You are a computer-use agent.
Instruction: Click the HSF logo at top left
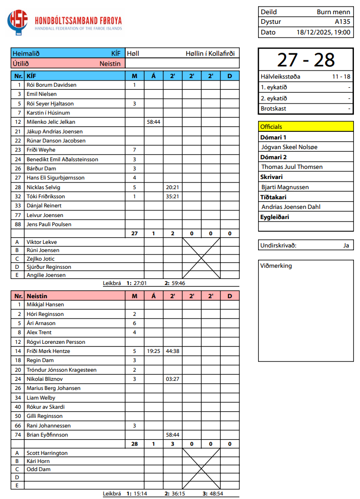(x=18, y=22)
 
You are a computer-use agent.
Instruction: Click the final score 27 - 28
(x=306, y=60)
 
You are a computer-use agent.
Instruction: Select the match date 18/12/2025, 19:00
(x=323, y=32)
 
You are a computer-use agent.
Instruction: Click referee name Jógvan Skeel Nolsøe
(x=289, y=147)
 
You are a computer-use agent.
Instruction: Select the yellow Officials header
(x=306, y=127)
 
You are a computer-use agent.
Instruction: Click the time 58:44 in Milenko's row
(x=153, y=122)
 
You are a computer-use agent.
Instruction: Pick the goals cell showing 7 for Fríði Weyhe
(x=134, y=150)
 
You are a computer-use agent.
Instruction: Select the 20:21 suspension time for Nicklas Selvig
(x=172, y=187)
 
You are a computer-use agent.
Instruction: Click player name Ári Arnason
(x=41, y=323)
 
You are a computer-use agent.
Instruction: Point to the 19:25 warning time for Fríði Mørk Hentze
(x=153, y=351)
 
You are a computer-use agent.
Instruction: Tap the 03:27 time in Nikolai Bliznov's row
(x=172, y=379)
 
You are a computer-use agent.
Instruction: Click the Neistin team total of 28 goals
(x=134, y=444)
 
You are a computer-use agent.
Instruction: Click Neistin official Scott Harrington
(x=47, y=453)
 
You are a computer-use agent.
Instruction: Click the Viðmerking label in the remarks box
(x=276, y=266)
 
